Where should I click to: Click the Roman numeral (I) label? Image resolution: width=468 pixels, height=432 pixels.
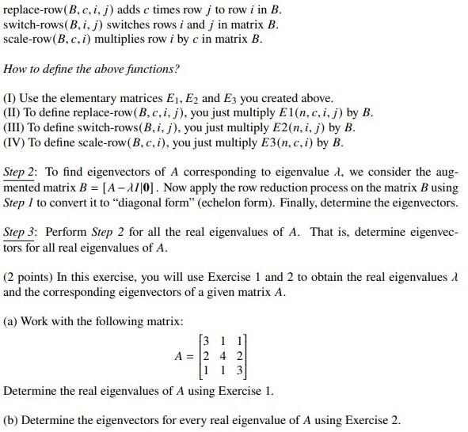tap(10, 98)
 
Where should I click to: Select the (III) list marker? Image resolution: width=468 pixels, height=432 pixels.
tap(13, 127)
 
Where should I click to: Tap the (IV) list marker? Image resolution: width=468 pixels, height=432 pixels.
tap(13, 142)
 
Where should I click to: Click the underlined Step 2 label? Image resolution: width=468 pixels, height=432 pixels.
tap(21, 172)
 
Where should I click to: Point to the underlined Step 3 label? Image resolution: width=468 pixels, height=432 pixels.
tap(21, 233)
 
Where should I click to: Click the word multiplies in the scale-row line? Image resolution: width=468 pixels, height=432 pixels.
tap(143, 37)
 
